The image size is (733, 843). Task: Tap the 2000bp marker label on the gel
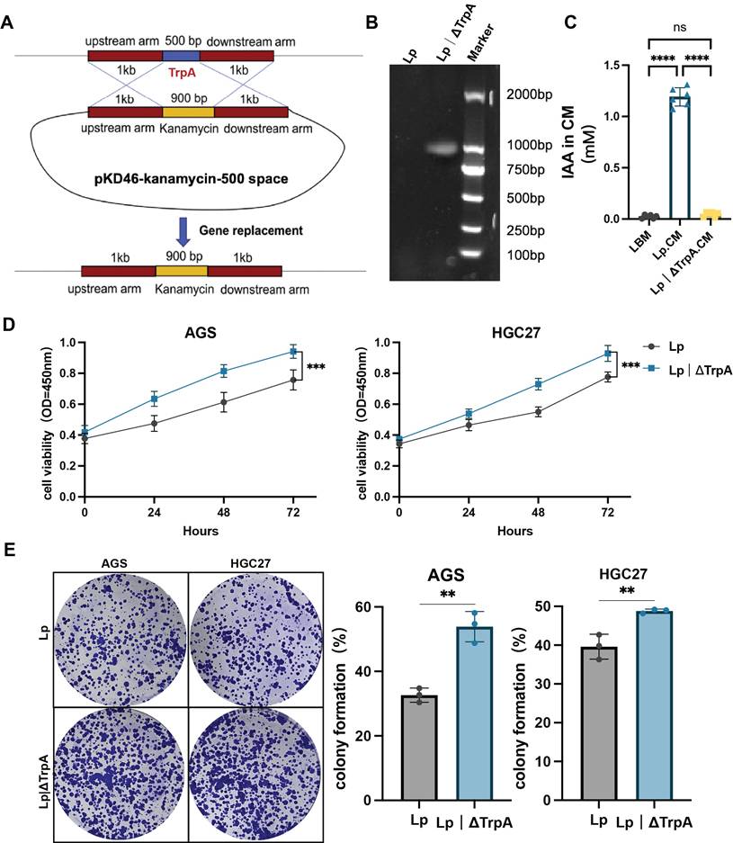tap(529, 94)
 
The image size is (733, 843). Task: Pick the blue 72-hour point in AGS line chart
tap(292, 351)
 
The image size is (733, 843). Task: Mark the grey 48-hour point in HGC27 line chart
tap(537, 412)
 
